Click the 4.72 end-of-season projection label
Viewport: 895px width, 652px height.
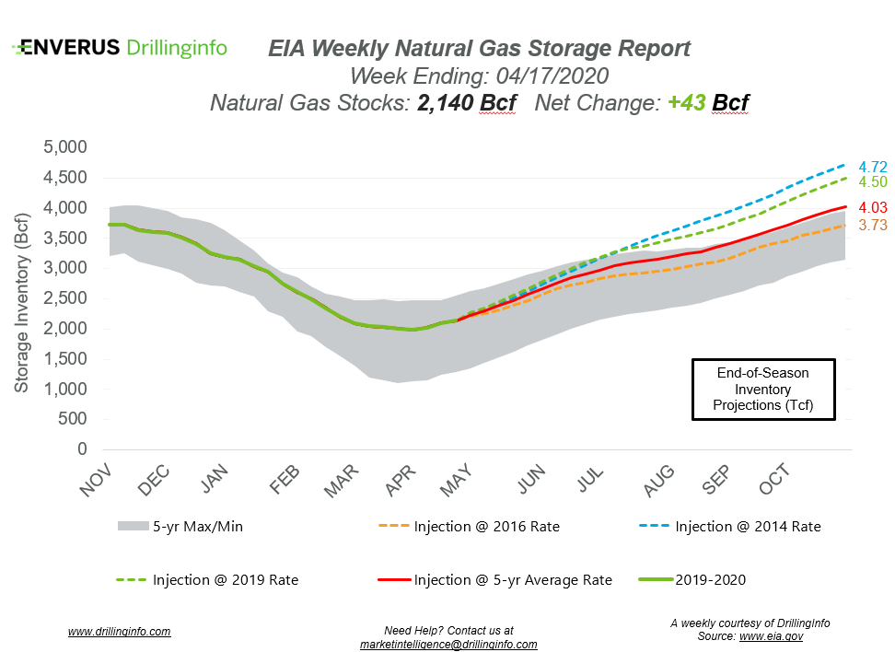873,167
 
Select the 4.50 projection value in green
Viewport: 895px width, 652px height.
873,182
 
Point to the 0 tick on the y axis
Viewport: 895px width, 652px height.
81,449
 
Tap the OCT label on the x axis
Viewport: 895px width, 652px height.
775,479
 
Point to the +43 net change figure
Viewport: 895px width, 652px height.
683,103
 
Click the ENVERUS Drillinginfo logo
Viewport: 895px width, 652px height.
121,48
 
